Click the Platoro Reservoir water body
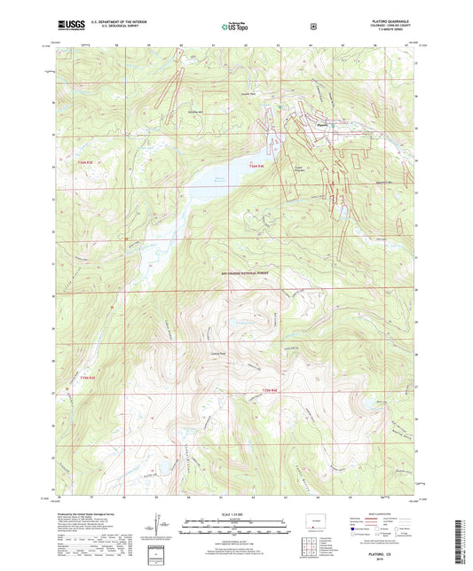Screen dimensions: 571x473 click(213, 181)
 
